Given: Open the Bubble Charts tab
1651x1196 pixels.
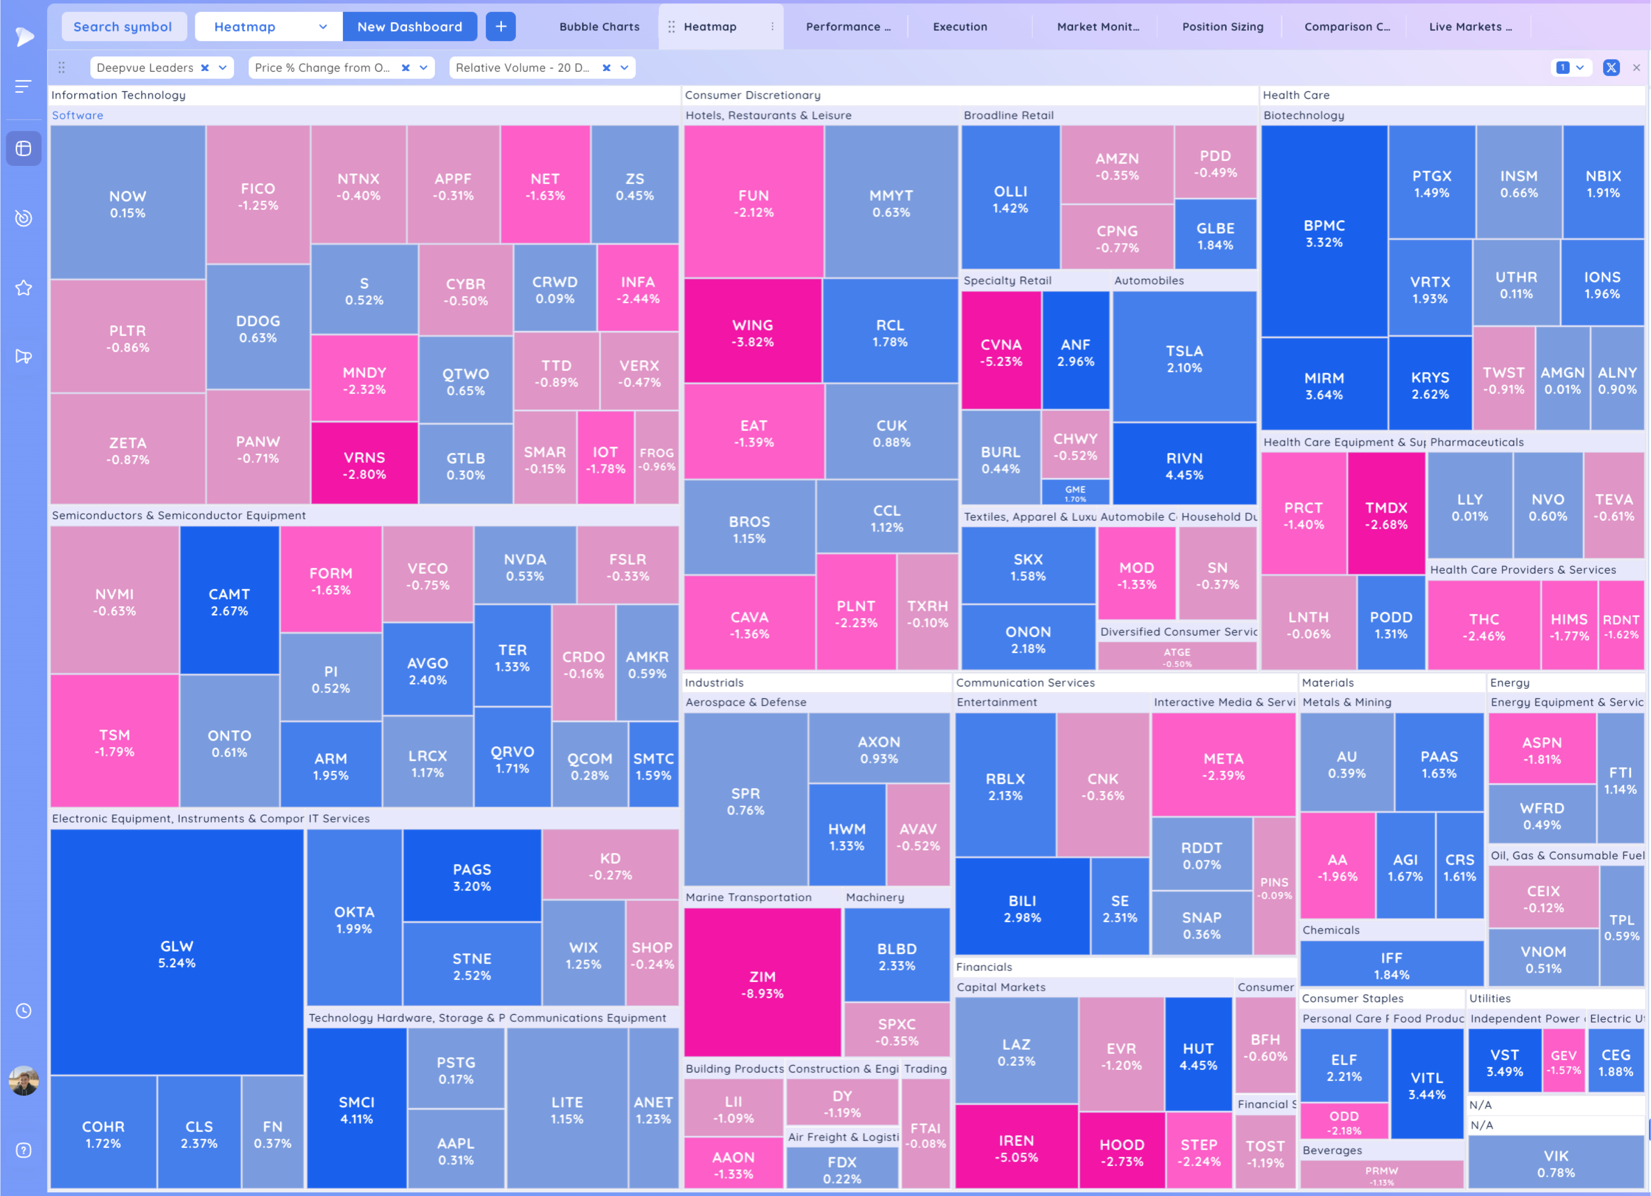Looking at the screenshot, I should [599, 27].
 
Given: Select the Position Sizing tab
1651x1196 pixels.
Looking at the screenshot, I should [1222, 27].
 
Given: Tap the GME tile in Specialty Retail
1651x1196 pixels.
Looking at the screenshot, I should [1075, 492].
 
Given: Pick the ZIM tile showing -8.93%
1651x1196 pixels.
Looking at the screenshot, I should [762, 984].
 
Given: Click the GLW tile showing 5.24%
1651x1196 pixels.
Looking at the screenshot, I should [177, 953].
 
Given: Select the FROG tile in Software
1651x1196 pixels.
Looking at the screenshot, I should [657, 458].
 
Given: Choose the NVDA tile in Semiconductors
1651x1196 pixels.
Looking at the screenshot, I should [525, 567].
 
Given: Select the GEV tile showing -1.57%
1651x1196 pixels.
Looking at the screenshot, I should [1563, 1062].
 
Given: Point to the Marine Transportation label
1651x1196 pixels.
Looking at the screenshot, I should [748, 897].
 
